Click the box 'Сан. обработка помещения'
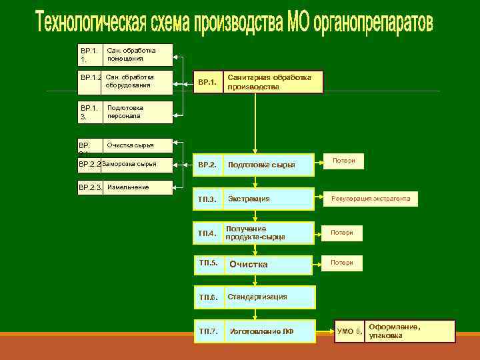coord(137,55)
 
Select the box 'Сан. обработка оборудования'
coord(137,81)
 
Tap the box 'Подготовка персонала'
coord(137,112)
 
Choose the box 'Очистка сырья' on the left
coord(137,145)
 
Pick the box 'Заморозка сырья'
coord(136,163)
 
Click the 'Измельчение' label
coord(128,187)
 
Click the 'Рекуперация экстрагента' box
coord(371,199)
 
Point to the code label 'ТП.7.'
coord(207,331)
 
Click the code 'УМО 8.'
coord(349,331)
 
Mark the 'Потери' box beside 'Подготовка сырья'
coord(343,161)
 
